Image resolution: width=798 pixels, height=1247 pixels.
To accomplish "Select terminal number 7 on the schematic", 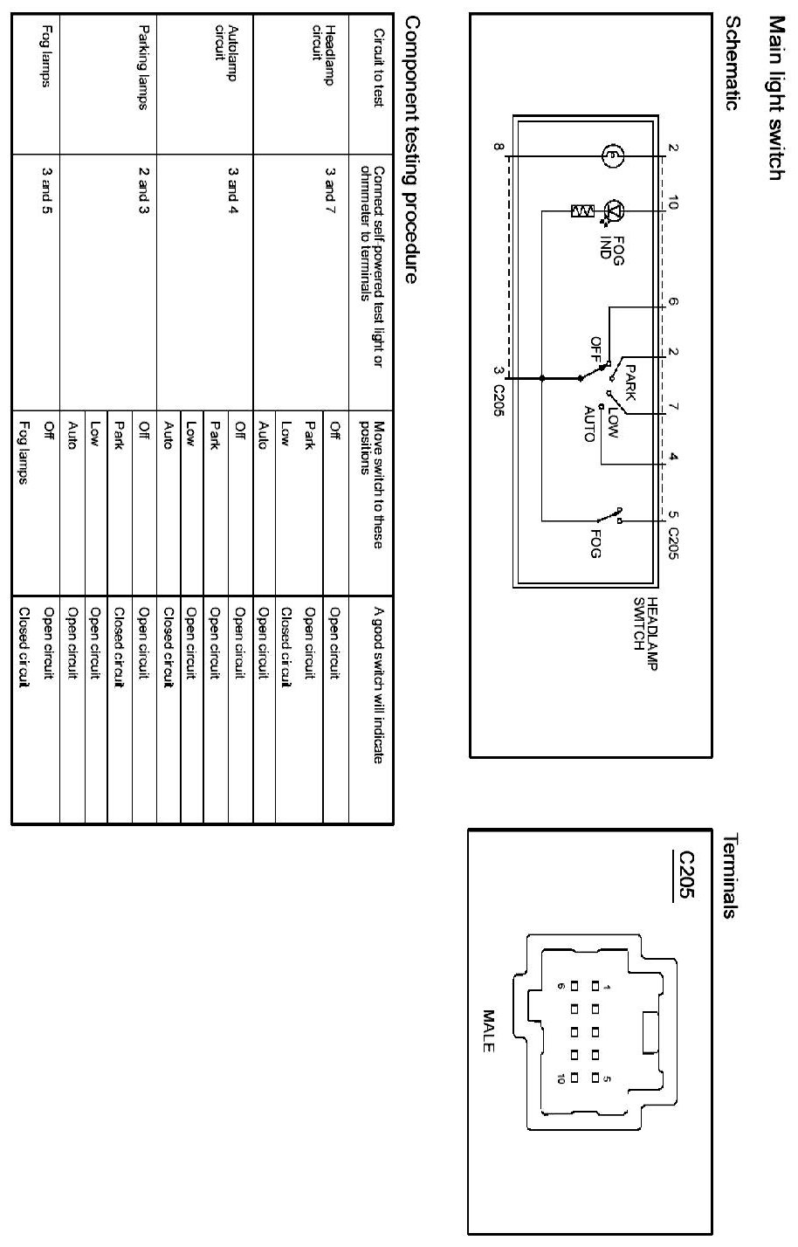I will coord(672,407).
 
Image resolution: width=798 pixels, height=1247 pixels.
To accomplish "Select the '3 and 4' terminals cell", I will coord(232,186).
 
